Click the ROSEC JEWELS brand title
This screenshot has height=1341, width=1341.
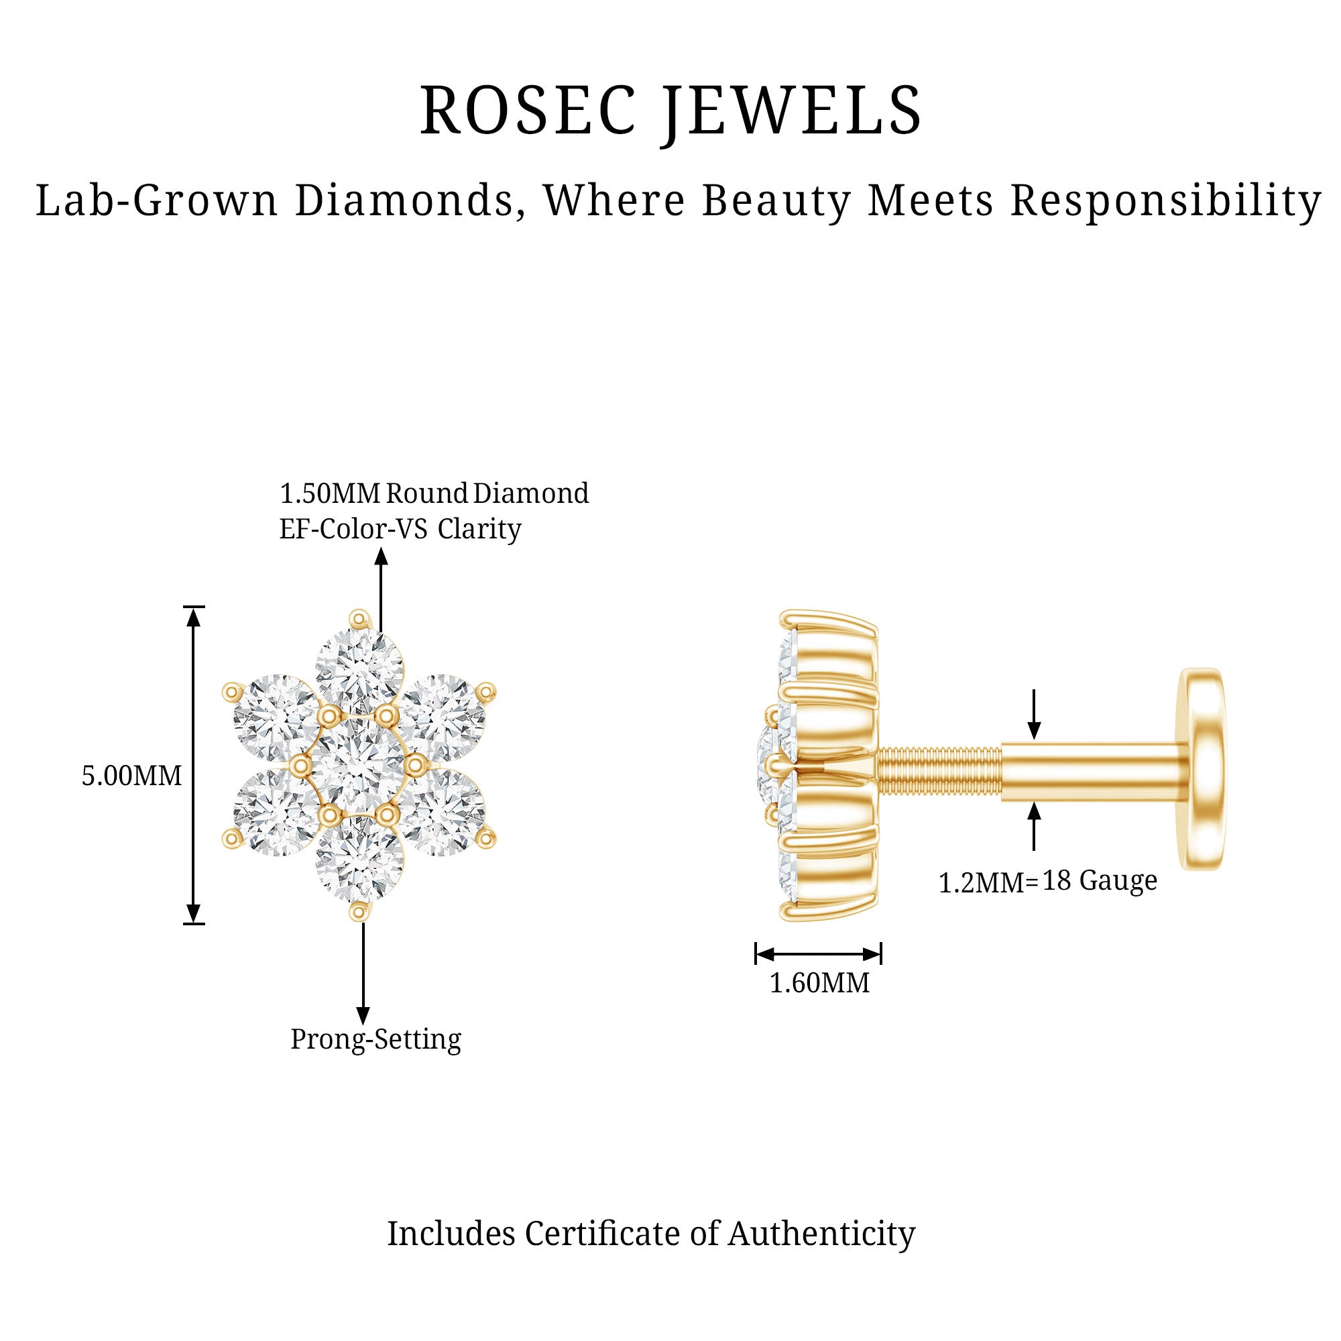coord(670,111)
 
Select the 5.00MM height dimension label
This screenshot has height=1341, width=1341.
coord(132,775)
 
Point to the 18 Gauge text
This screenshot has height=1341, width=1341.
coord(1100,881)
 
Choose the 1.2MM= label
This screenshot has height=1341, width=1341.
coord(988,883)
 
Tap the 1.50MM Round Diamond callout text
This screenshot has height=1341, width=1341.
coord(434,493)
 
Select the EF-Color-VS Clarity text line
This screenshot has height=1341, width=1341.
coord(400,529)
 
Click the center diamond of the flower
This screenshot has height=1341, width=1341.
coord(357,764)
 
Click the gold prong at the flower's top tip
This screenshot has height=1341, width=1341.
coord(359,617)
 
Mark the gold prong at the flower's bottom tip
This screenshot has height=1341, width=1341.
coord(358,911)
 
